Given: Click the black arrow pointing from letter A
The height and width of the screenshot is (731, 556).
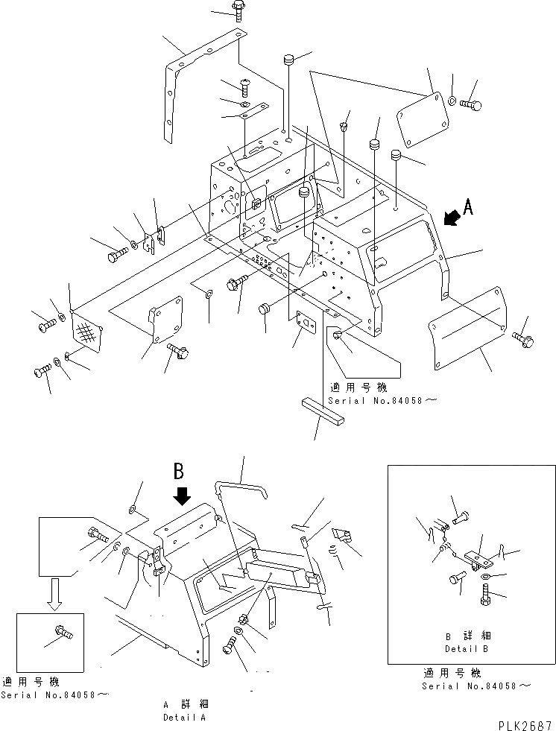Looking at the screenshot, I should tap(449, 218).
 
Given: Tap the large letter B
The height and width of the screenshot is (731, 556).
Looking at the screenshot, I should tap(179, 471).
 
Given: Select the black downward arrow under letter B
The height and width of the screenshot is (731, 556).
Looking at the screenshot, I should tap(181, 495).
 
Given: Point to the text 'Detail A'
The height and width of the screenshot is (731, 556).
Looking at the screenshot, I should tap(184, 717).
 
